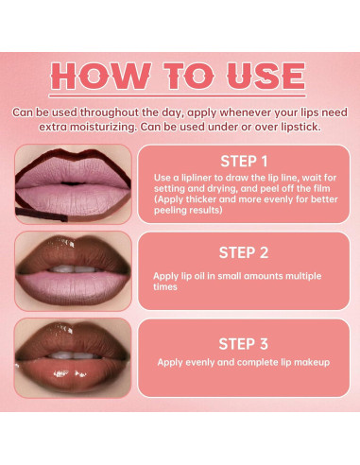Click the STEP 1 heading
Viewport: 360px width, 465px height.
(245, 161)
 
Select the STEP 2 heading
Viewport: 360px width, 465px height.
(245, 252)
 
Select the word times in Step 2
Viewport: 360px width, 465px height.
(165, 287)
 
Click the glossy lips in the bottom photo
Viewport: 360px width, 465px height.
(72, 359)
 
